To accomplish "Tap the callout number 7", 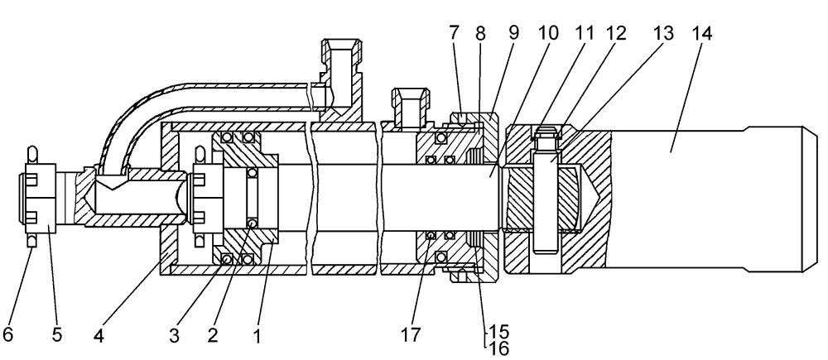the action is tap(455, 33).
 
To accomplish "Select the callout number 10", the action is tap(548, 33).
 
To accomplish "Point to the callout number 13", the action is tap(663, 34).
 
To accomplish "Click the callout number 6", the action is tap(8, 334).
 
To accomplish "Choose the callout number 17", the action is tap(411, 334).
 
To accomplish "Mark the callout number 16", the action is tap(498, 349).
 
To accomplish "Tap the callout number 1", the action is tap(258, 336).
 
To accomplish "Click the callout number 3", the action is tap(174, 336).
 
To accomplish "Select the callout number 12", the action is tap(616, 34).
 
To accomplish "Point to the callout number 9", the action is tap(514, 33).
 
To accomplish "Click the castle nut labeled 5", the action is tap(41, 196).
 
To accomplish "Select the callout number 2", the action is tap(212, 335).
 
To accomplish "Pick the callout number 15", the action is tap(498, 332).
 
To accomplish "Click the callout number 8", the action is tap(480, 33).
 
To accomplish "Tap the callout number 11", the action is tap(584, 33).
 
